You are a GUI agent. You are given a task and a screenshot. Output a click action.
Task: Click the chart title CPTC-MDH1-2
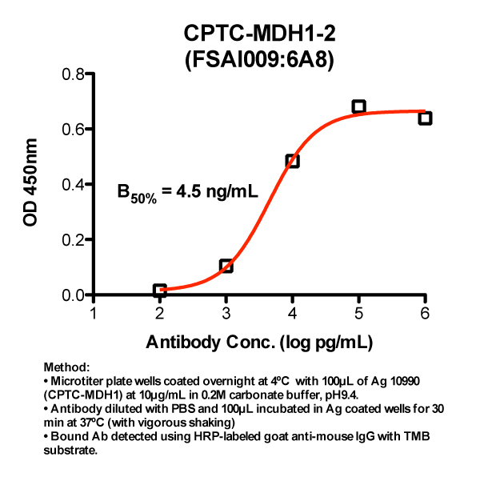click(254, 34)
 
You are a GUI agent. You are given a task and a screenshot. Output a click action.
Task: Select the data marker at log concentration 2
click(160, 290)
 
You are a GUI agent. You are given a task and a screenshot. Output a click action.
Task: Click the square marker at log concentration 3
click(226, 266)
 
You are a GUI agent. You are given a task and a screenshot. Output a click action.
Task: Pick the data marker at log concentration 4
click(293, 161)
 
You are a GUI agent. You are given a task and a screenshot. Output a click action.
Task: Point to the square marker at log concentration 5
click(359, 106)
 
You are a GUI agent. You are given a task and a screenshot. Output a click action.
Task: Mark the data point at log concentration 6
click(426, 118)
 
